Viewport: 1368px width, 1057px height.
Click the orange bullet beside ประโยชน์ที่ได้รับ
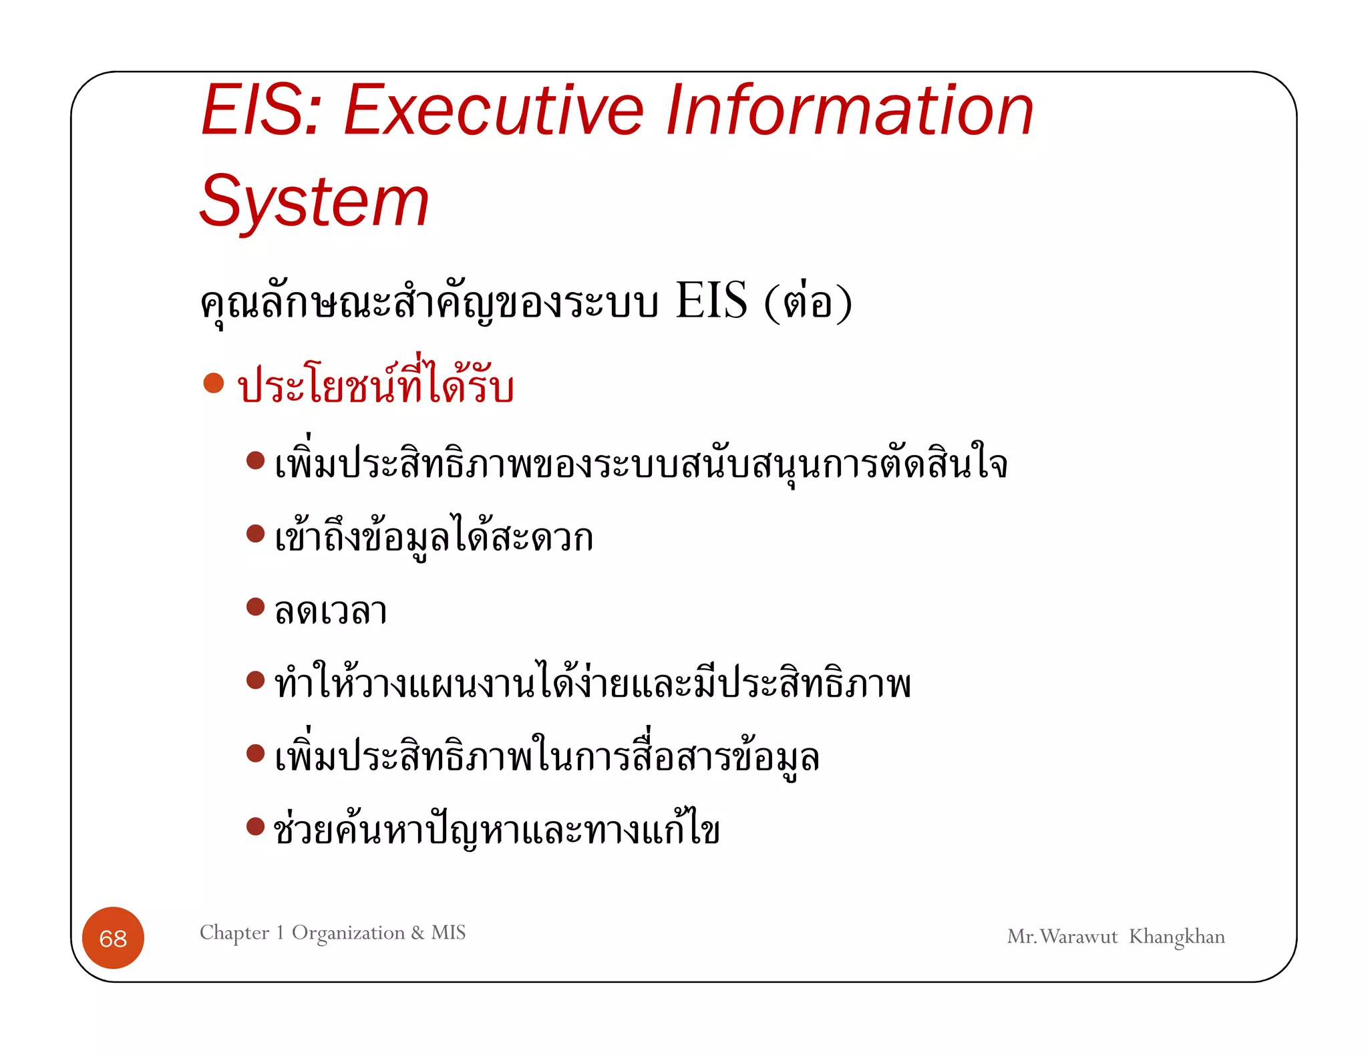pyautogui.click(x=213, y=383)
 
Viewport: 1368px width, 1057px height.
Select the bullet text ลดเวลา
pyautogui.click(x=331, y=611)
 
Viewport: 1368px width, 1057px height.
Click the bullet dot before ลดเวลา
pyautogui.click(x=255, y=607)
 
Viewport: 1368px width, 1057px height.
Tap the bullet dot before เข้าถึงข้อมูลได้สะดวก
pyautogui.click(x=255, y=533)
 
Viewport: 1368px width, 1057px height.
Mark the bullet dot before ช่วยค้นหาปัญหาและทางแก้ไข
pyautogui.click(x=255, y=826)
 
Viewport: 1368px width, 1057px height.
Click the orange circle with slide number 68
pyautogui.click(x=113, y=938)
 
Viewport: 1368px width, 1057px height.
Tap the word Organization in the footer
pyautogui.click(x=348, y=933)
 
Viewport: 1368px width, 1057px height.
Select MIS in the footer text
pyautogui.click(x=448, y=932)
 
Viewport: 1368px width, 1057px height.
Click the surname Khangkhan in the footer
pyautogui.click(x=1176, y=937)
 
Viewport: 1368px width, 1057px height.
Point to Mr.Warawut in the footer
pyautogui.click(x=1062, y=937)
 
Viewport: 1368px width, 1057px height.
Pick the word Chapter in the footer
pyautogui.click(x=234, y=933)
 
